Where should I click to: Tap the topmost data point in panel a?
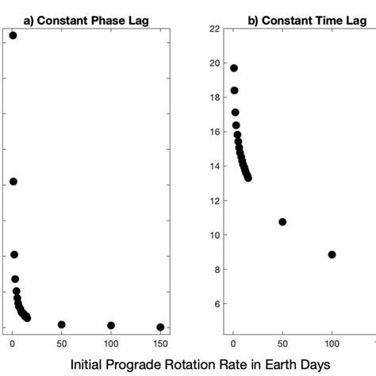pyautogui.click(x=13, y=35)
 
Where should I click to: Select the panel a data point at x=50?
pyautogui.click(x=62, y=324)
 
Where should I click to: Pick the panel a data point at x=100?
pyautogui.click(x=111, y=325)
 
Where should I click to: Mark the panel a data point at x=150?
pyautogui.click(x=160, y=327)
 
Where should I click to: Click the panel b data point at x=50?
pyautogui.click(x=282, y=222)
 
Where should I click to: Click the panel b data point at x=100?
pyautogui.click(x=332, y=255)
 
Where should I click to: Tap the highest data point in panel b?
pyautogui.click(x=233, y=68)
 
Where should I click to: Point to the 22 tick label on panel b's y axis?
pyautogui.click(x=214, y=29)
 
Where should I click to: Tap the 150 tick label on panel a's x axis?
pyautogui.click(x=160, y=343)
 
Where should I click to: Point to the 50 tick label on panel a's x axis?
pyautogui.click(x=62, y=343)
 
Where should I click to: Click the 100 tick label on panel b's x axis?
pyautogui.click(x=332, y=343)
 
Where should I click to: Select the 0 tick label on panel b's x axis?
pyautogui.click(x=232, y=343)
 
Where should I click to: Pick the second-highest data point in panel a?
pyautogui.click(x=13, y=182)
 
